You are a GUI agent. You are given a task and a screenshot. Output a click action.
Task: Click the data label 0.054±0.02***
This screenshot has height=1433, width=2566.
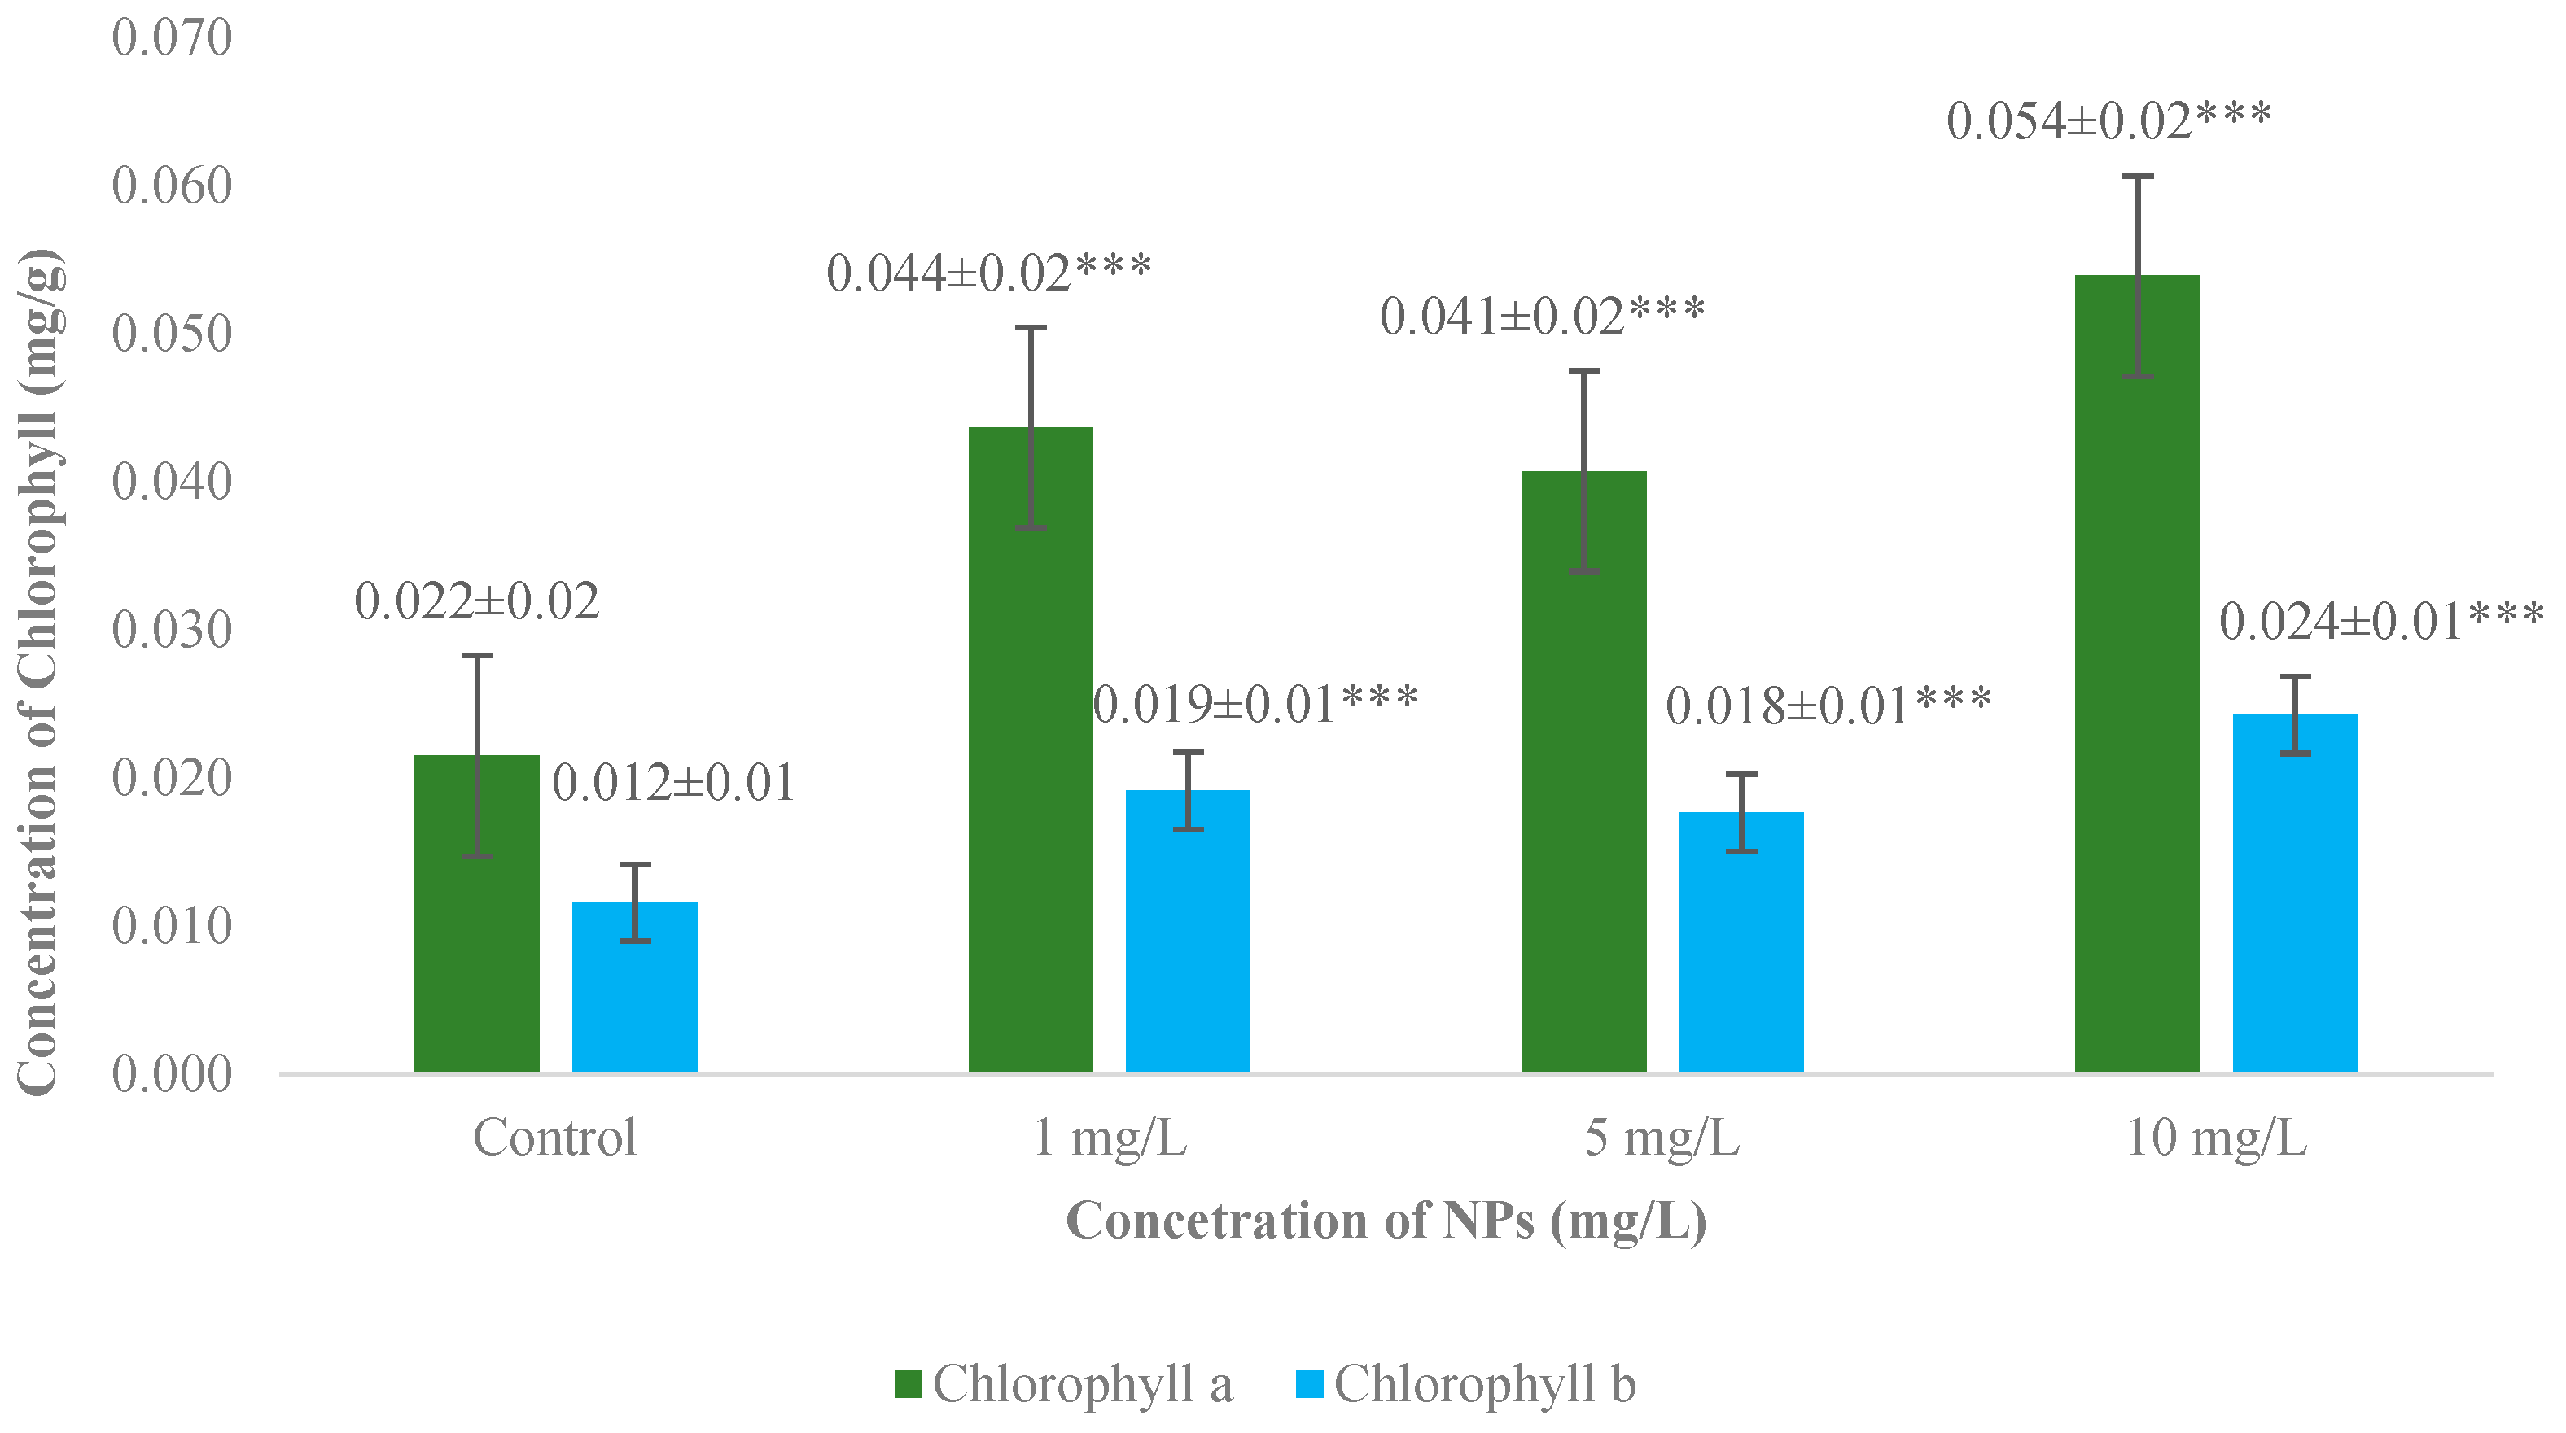2108,121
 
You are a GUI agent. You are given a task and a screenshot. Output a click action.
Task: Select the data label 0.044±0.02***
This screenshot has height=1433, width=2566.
988,273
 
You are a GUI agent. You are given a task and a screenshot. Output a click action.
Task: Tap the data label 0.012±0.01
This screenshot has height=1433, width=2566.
673,783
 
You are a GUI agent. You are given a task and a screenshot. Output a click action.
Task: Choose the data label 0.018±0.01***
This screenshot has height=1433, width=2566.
1828,706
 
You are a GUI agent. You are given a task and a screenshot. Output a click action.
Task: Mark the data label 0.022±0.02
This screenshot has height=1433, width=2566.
476,601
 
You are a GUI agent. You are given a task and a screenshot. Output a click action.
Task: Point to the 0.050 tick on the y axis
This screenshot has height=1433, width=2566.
171,334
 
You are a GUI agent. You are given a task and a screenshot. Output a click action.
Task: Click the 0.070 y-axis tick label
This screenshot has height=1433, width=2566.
171,38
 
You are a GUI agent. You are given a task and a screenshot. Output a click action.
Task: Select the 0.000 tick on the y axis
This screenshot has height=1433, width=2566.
171,1073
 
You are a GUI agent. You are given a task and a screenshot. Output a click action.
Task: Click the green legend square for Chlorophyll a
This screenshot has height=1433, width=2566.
908,1384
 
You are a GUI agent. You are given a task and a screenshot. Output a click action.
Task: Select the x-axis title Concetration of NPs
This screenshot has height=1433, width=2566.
1386,1221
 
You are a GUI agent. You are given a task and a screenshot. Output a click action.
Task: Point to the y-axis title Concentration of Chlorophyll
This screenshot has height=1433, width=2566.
40,672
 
